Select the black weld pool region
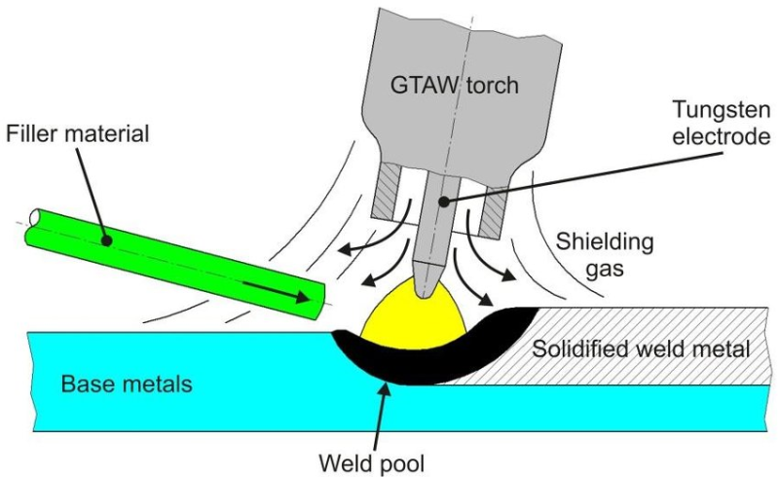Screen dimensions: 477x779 coord(389,365)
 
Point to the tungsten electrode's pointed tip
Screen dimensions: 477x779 coord(427,289)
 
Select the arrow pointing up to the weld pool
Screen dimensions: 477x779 coord(381,409)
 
